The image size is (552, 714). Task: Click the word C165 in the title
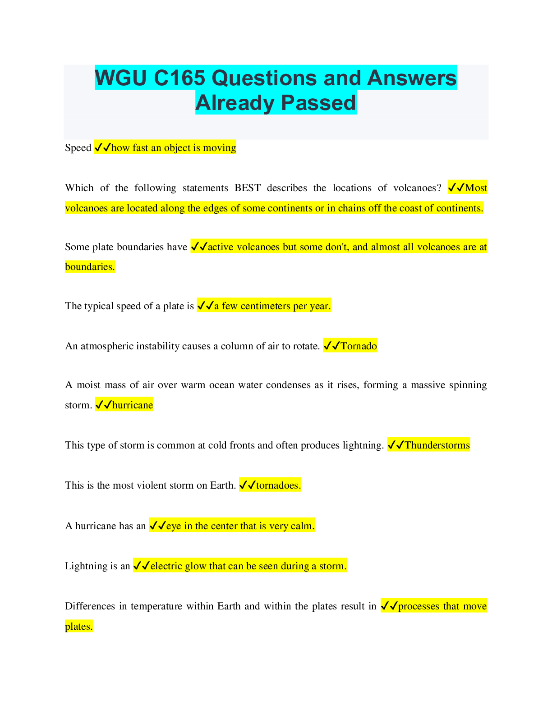179,78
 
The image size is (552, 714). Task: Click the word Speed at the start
78,148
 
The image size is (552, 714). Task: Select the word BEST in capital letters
248,188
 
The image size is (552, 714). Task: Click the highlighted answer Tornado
359,346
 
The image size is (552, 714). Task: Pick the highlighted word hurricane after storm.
133,405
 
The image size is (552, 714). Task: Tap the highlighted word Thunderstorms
437,445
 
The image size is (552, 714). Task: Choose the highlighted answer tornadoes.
278,485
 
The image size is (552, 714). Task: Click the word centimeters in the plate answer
265,306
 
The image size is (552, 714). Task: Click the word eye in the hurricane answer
174,526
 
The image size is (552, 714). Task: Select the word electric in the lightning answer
168,566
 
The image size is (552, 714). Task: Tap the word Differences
90,606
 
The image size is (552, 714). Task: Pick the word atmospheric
107,346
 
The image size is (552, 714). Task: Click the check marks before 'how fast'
103,148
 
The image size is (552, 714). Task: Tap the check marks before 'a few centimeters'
205,306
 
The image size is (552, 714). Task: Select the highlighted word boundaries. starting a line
90,267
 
